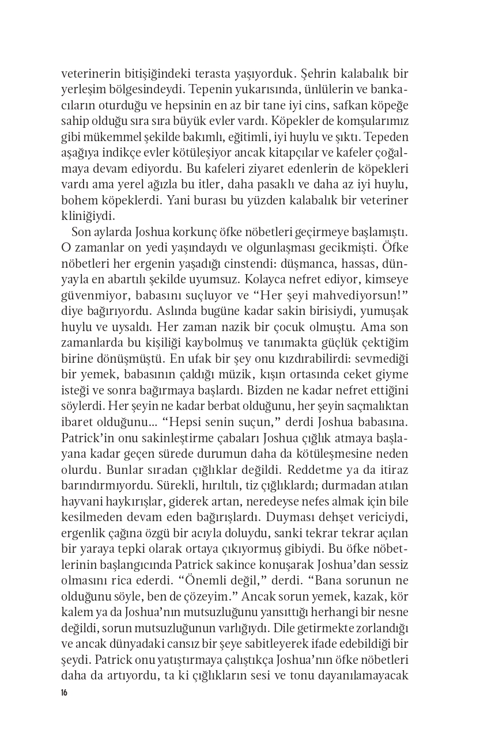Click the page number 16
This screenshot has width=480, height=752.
pyautogui.click(x=64, y=692)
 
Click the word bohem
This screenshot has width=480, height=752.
pyautogui.click(x=77, y=200)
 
